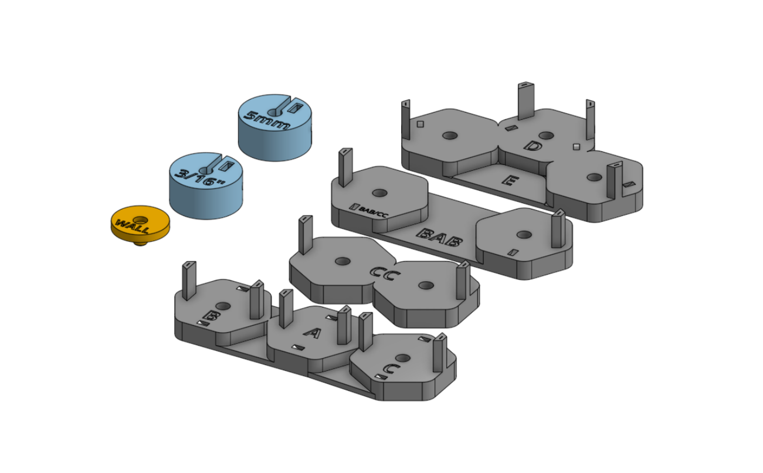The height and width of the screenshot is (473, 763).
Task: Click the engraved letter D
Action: point(532,146)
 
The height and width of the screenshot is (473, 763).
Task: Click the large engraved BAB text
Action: point(438,236)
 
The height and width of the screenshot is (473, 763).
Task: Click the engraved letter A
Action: point(313,333)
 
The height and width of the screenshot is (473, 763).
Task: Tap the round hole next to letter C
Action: point(402,357)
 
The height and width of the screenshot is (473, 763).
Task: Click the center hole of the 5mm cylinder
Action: point(274,112)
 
